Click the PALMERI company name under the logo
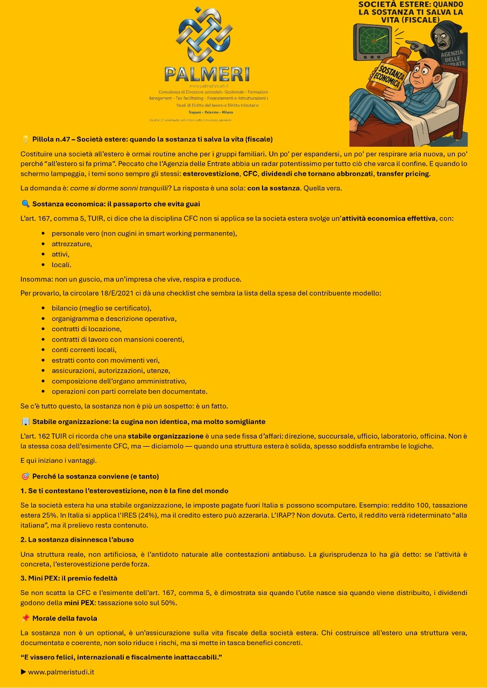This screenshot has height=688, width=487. click(x=207, y=74)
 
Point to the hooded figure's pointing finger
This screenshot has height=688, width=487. click(x=410, y=43)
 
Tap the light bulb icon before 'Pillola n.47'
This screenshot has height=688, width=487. click(x=25, y=139)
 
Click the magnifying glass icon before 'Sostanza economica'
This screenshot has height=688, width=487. click(x=25, y=204)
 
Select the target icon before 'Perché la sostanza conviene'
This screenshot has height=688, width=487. click(x=25, y=476)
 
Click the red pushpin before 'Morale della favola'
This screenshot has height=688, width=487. click(x=25, y=618)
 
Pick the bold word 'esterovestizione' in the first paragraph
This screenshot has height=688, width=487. click(x=211, y=174)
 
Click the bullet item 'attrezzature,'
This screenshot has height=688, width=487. click(x=72, y=243)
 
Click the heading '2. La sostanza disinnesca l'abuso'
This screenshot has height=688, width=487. click(x=77, y=539)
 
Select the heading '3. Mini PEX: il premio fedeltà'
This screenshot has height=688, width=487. click(x=69, y=578)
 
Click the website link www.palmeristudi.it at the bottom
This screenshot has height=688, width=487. click(x=61, y=671)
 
